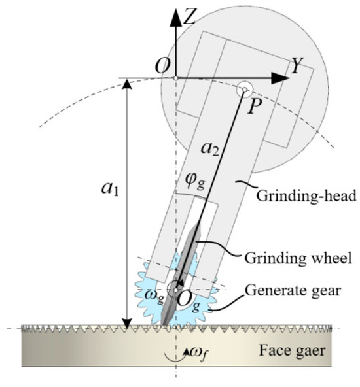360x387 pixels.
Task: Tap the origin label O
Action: coord(162,65)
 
